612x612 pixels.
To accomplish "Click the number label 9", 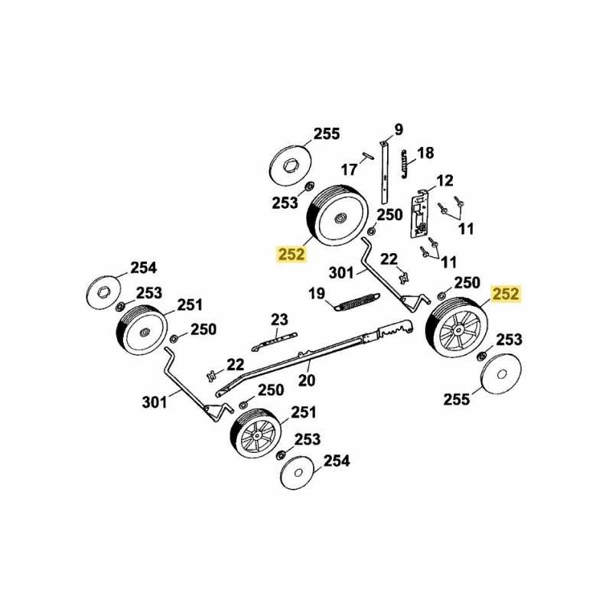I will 398,128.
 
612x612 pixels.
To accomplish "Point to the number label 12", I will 444,181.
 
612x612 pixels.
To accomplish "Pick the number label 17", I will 349,168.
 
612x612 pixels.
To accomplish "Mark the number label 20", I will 306,380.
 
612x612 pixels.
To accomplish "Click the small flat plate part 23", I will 275,335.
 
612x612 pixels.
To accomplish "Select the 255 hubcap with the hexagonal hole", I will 291,164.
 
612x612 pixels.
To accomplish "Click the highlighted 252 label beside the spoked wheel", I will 506,294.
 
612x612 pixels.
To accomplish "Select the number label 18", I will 425,153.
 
